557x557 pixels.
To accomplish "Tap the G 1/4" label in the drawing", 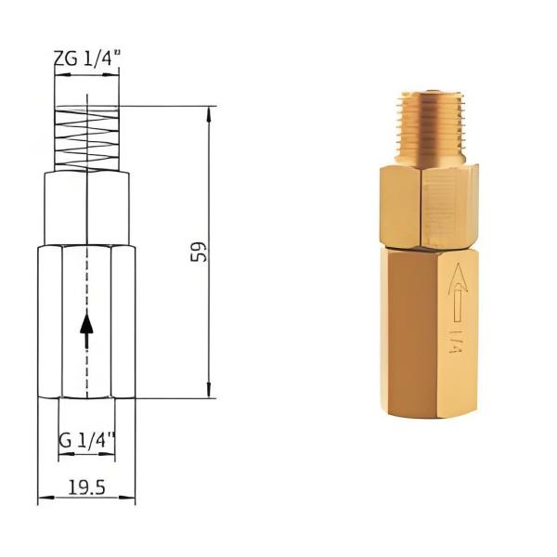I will (86, 441).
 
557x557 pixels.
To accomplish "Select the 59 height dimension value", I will (198, 252).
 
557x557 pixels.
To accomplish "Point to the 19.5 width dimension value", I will (86, 486).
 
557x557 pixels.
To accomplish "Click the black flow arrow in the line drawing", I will (86, 330).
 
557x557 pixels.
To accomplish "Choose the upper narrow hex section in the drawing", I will (86, 209).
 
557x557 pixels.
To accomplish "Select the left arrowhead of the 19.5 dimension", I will (43, 501).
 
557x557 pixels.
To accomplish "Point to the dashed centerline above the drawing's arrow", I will (86, 278).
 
